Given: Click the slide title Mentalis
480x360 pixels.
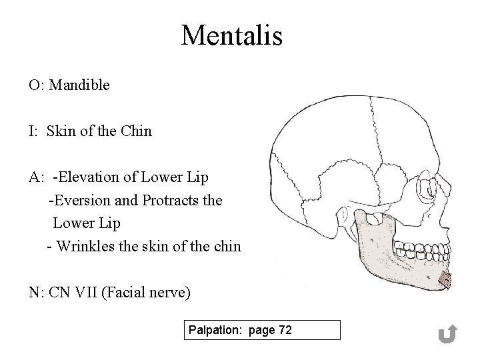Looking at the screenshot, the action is [x=231, y=35].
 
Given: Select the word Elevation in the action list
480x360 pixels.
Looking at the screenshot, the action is [x=87, y=177].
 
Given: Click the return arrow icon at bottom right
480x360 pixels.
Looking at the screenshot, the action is [x=448, y=334].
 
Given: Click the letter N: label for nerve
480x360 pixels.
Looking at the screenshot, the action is [x=36, y=292].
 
